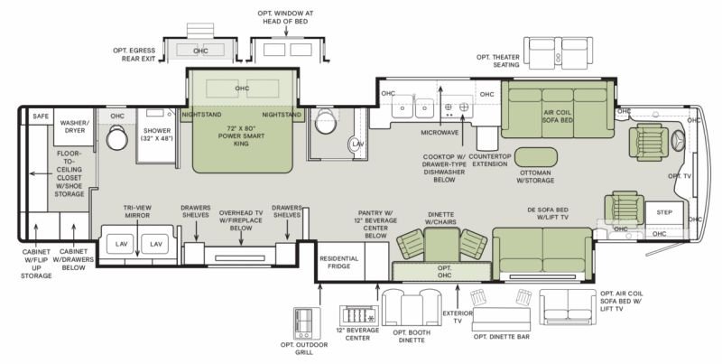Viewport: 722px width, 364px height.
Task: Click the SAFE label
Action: pos(41,117)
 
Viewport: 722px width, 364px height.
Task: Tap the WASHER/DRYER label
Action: pos(75,126)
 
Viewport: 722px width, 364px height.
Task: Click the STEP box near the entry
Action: pos(664,213)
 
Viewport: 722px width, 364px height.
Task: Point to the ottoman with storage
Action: pos(535,157)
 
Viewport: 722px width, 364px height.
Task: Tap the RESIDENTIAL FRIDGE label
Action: pos(339,262)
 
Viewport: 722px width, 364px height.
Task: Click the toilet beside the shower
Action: pos(117,137)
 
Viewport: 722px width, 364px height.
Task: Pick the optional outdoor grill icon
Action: pos(307,323)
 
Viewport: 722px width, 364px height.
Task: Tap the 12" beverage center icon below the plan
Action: pos(358,315)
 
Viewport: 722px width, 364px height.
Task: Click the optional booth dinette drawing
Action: pos(412,307)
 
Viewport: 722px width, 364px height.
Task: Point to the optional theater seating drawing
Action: pos(558,53)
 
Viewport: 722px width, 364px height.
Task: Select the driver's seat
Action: pos(649,143)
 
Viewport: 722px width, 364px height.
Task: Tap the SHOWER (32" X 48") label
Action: pos(157,134)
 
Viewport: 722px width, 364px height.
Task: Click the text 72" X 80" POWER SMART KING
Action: pos(241,135)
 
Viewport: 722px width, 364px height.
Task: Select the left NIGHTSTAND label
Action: pos(201,115)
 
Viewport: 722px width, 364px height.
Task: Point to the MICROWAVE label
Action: pos(440,133)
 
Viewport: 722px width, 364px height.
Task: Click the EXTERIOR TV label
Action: pos(458,317)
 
